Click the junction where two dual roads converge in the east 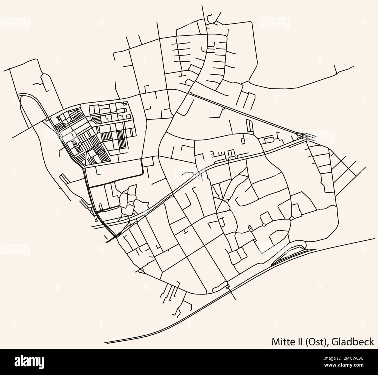tap(303, 136)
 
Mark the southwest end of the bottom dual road tap(105, 342)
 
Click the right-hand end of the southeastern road tap(374, 239)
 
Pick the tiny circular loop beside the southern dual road tap(227, 287)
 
